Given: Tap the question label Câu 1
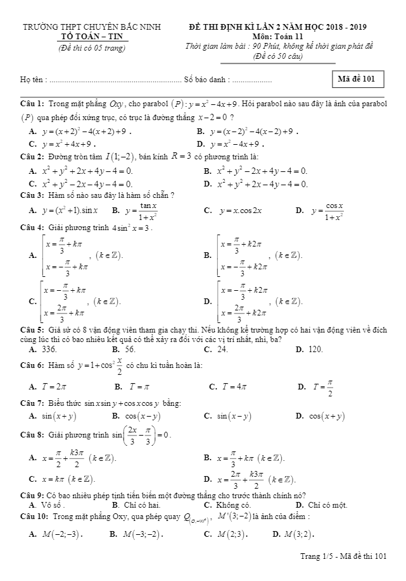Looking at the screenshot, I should click(x=32, y=103).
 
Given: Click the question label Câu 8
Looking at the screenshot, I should click(x=32, y=435).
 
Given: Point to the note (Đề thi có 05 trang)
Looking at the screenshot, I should click(x=92, y=48).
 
